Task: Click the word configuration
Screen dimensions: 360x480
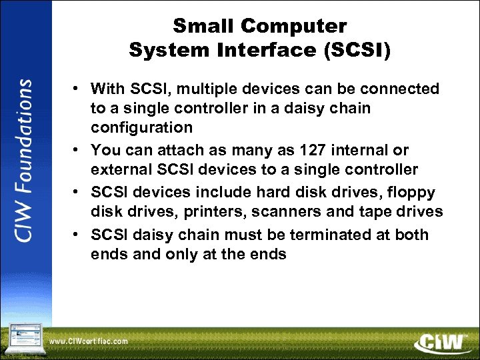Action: click(x=141, y=127)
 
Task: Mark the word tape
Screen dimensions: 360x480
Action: click(x=377, y=212)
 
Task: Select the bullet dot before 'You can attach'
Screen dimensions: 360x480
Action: click(x=77, y=151)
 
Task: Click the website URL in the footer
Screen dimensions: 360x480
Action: click(x=89, y=342)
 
